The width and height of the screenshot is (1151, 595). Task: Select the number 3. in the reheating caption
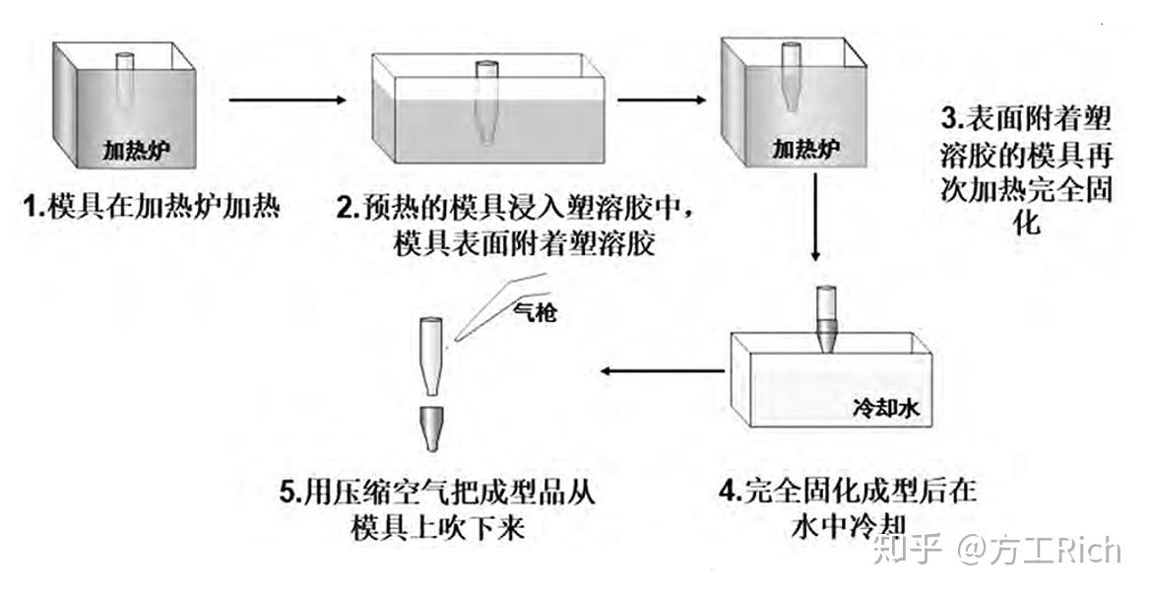949,120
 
